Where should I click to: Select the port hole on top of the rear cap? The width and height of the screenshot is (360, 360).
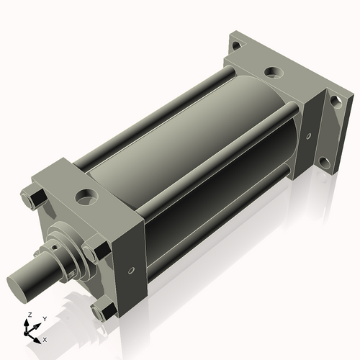pyautogui.click(x=271, y=72)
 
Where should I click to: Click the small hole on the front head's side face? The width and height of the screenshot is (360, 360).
pyautogui.click(x=131, y=271)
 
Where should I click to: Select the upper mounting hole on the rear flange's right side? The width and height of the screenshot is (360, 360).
pyautogui.click(x=333, y=99)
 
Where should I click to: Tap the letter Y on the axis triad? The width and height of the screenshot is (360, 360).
pyautogui.click(x=44, y=319)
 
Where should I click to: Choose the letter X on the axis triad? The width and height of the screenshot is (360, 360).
pyautogui.click(x=45, y=338)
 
